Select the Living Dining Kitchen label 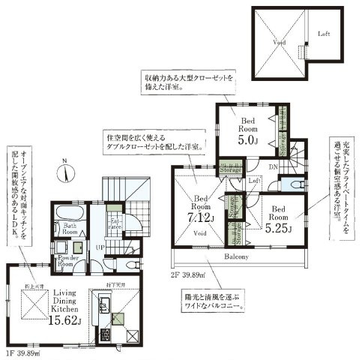click(62, 298)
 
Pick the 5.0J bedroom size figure click(247, 139)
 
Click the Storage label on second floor click(231, 170)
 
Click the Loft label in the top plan click(324, 34)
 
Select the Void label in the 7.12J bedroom click(200, 233)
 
